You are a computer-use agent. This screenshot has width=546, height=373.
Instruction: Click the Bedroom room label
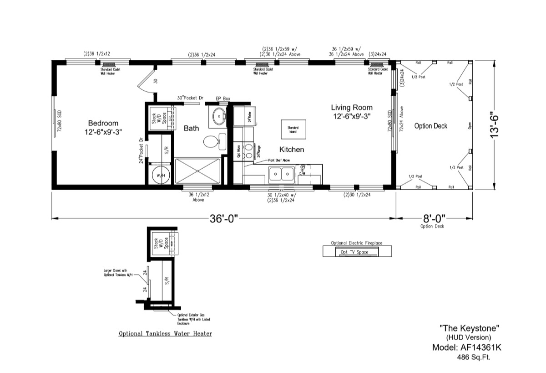click(103, 123)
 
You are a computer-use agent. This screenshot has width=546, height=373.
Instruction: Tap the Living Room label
click(352, 108)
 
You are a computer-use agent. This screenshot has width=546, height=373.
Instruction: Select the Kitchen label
click(292, 150)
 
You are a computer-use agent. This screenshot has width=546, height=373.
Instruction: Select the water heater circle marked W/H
click(160, 175)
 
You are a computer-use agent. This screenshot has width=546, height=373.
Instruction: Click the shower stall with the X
click(197, 171)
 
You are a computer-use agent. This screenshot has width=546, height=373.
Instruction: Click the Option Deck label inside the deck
click(430, 126)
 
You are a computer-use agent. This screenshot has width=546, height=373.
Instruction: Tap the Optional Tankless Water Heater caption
click(165, 334)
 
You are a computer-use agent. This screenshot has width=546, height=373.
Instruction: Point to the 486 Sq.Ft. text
click(474, 357)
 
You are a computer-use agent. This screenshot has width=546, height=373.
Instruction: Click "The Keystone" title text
click(470, 328)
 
